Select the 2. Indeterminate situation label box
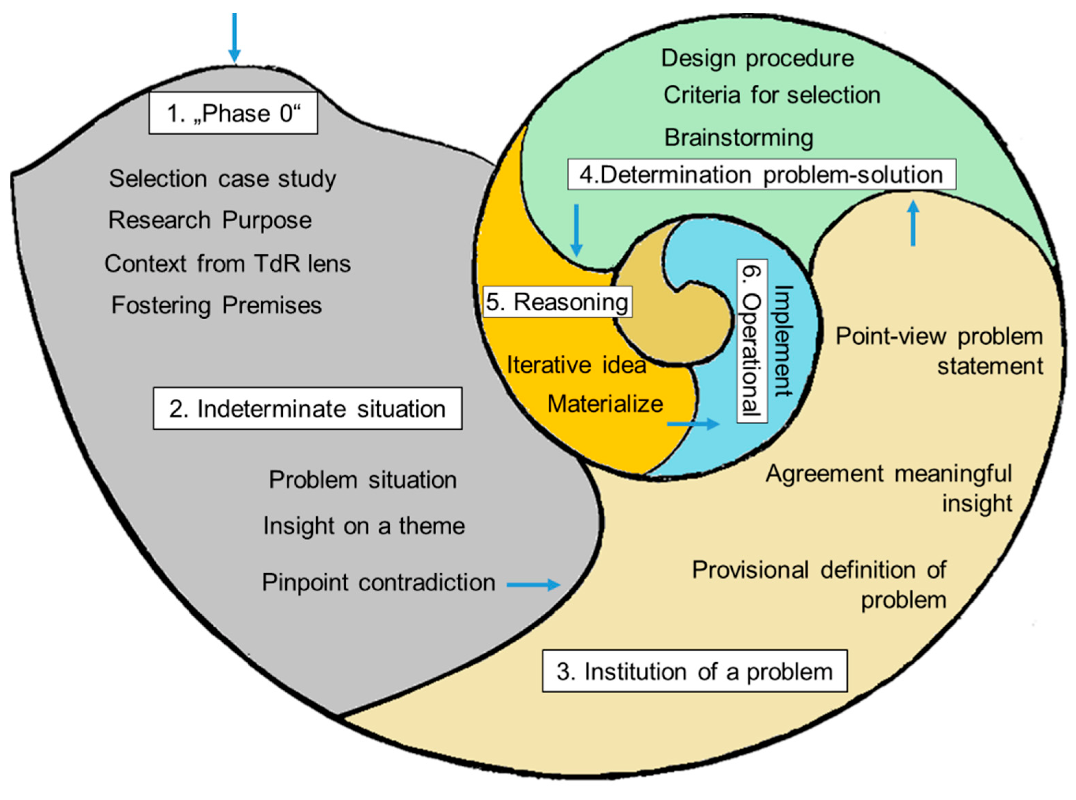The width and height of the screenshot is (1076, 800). point(307,408)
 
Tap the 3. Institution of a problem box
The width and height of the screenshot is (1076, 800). point(694,671)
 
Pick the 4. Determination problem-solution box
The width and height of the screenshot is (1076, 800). point(761,174)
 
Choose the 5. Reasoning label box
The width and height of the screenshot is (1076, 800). point(557,302)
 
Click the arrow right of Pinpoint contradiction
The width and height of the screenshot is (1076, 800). point(533,584)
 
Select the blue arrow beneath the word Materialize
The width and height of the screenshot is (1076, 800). point(693,424)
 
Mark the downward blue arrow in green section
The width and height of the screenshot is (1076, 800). point(576,230)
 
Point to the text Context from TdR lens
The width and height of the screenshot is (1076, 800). point(227,264)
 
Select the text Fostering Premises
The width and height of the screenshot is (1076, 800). point(217,305)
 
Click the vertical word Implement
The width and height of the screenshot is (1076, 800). point(783,341)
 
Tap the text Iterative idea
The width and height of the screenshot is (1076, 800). point(576,365)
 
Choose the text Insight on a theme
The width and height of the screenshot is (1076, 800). point(364,526)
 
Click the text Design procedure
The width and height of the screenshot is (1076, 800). point(757,58)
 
